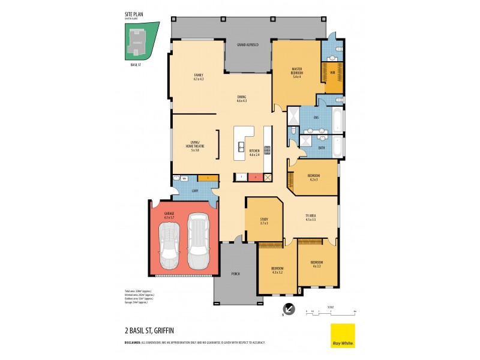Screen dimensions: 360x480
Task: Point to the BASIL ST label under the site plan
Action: click(136, 65)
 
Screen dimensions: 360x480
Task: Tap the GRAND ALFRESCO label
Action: click(248, 45)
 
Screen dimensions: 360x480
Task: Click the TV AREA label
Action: click(310, 218)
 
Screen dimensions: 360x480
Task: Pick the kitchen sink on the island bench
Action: click(241, 147)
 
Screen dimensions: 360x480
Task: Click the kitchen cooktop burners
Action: click(267, 151)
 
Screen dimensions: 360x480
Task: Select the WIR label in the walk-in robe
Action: click(332, 73)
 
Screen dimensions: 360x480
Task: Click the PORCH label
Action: click(235, 274)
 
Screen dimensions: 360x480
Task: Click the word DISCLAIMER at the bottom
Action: click(136, 343)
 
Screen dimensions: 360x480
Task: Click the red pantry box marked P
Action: click(254, 177)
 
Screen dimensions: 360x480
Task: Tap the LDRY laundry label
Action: click(195, 191)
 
